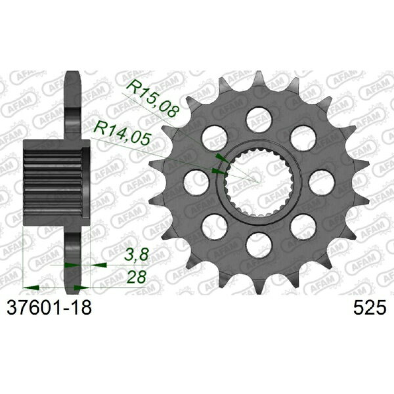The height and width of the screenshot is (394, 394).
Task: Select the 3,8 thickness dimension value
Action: click(x=137, y=255)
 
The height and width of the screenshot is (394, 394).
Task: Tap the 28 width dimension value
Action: click(x=137, y=277)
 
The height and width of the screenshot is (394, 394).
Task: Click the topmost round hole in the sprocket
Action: click(x=259, y=120)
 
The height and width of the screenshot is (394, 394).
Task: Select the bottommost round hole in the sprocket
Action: click(x=259, y=245)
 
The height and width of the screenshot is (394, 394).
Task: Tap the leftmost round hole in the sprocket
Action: click(x=196, y=183)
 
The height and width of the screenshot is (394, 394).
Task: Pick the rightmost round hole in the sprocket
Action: click(x=322, y=183)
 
